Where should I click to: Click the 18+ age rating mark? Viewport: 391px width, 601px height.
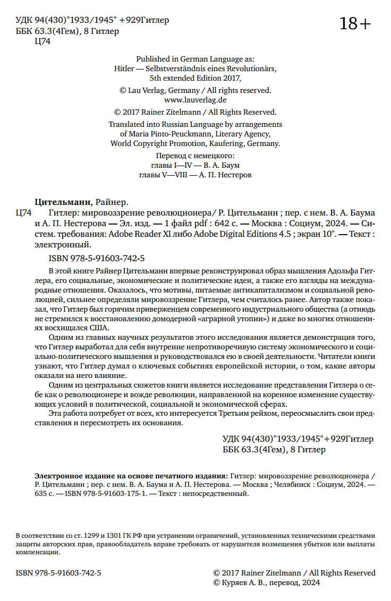coord(355,24)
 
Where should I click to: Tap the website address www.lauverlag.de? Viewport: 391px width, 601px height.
coord(195,99)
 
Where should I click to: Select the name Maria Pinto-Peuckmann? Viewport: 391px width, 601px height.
coord(168,134)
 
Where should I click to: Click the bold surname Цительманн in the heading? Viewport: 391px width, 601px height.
coord(63,202)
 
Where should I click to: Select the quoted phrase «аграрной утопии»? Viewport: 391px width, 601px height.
coord(233,319)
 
